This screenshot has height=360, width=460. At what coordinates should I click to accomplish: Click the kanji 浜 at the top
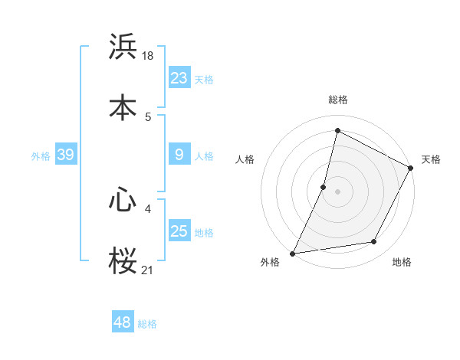pos(123,47)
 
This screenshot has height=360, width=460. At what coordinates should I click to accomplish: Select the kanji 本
pos(123,106)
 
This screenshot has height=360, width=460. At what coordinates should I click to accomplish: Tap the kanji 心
pos(123,200)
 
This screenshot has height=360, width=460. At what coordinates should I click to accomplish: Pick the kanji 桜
pos(123,259)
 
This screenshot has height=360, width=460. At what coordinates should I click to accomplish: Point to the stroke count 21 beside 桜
pos(149,270)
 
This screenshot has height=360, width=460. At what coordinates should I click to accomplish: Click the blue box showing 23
pos(179,78)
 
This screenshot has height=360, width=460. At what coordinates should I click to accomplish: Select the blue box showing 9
pos(179,155)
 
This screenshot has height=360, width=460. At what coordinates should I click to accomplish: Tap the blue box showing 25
pos(179,231)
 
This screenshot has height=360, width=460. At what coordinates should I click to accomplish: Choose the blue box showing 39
pos(65,155)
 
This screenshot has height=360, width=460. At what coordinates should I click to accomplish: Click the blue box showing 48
pos(123,322)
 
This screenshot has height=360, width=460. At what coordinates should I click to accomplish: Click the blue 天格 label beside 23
pos(204,79)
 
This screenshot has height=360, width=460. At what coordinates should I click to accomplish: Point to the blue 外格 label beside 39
pos(41,156)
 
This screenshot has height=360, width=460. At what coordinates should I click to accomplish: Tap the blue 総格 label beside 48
pos(147,323)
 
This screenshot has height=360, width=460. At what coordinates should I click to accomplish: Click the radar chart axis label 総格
pos(338,100)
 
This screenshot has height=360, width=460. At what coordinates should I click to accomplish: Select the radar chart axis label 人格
pos(245,159)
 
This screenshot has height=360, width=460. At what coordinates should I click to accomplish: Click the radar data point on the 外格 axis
pos(292,253)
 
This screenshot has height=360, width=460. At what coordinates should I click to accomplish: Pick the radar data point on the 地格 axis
pos(374,242)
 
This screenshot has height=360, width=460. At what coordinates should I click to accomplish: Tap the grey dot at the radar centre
pos(338,191)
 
